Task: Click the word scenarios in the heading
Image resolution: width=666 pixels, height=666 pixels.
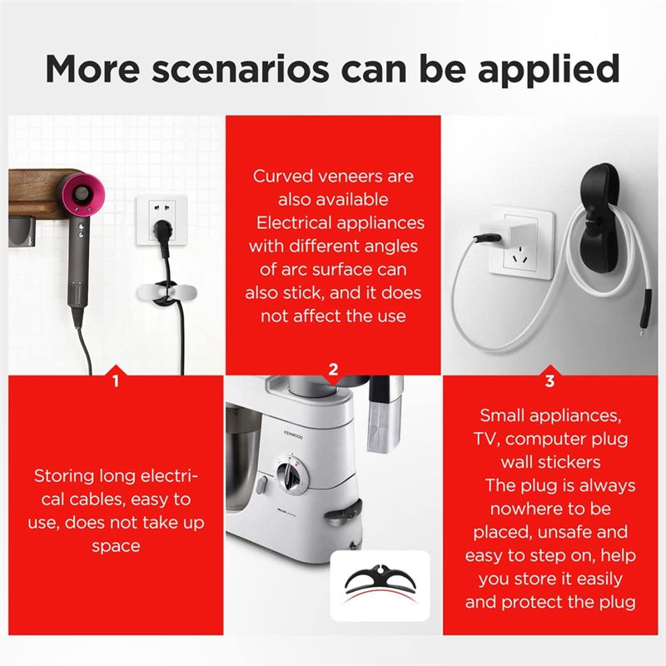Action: [240, 70]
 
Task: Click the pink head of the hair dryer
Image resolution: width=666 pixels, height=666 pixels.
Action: [82, 194]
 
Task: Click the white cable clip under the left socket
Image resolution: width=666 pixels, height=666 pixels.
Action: [167, 294]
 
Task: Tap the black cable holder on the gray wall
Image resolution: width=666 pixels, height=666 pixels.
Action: [598, 220]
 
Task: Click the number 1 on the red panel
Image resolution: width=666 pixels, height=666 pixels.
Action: [116, 381]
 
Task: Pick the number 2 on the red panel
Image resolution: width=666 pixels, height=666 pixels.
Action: [334, 369]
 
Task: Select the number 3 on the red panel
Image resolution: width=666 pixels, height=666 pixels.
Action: [549, 381]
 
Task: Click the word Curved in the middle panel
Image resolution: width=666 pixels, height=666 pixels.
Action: [283, 176]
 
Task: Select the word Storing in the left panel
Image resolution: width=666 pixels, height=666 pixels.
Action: [64, 476]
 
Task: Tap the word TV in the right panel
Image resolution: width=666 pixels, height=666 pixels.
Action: [484, 439]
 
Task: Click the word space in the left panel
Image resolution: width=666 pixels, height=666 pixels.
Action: [116, 546]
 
